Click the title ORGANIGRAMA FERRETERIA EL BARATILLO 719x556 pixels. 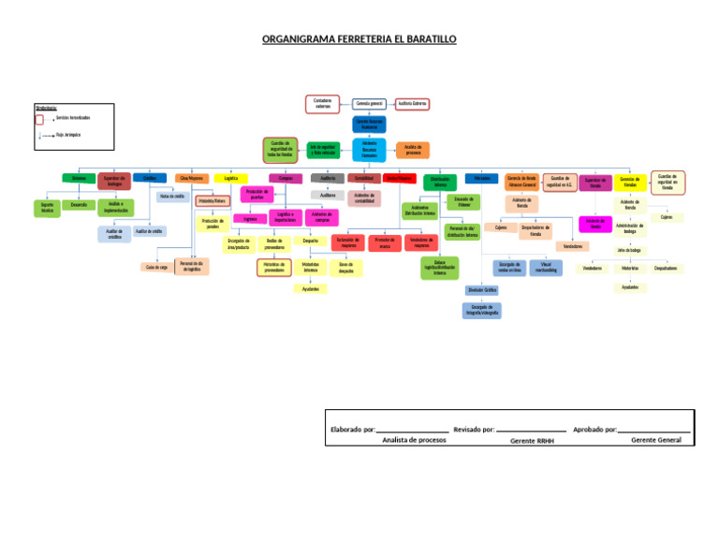tap(359, 40)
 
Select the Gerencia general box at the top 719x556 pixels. tap(370, 103)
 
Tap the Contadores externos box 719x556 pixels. tap(323, 103)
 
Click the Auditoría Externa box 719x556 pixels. tap(413, 103)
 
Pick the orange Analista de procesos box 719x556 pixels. tap(413, 150)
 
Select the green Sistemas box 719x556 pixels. tap(78, 178)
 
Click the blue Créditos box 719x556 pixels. tap(150, 178)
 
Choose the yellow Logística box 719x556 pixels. tap(230, 178)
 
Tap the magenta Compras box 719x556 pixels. tap(285, 178)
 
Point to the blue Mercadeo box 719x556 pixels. tap(481, 178)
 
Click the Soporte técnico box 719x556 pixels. tap(47, 208)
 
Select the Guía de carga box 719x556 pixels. tap(156, 268)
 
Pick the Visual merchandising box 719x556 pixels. tap(546, 267)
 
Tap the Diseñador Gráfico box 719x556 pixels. tap(482, 290)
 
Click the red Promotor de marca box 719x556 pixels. tap(384, 242)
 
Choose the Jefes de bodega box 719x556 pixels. tap(628, 250)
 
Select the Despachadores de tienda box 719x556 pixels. tap(536, 230)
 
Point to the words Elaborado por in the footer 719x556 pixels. tap(352, 430)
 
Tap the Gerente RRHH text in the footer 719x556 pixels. tap(532, 440)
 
